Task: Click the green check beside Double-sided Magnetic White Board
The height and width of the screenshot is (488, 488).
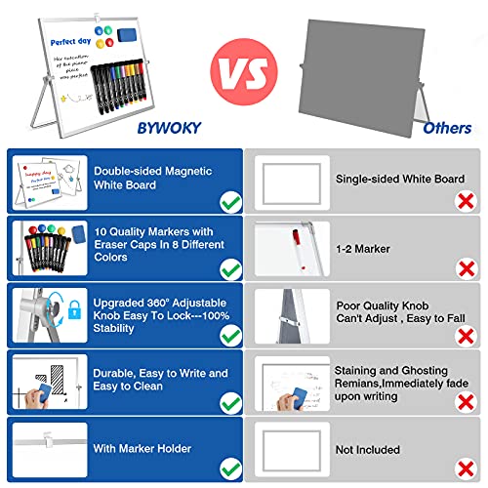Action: [230, 202]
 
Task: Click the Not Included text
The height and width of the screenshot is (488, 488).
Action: [368, 451]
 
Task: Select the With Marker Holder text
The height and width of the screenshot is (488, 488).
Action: [141, 449]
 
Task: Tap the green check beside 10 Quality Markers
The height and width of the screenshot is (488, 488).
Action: [230, 269]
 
